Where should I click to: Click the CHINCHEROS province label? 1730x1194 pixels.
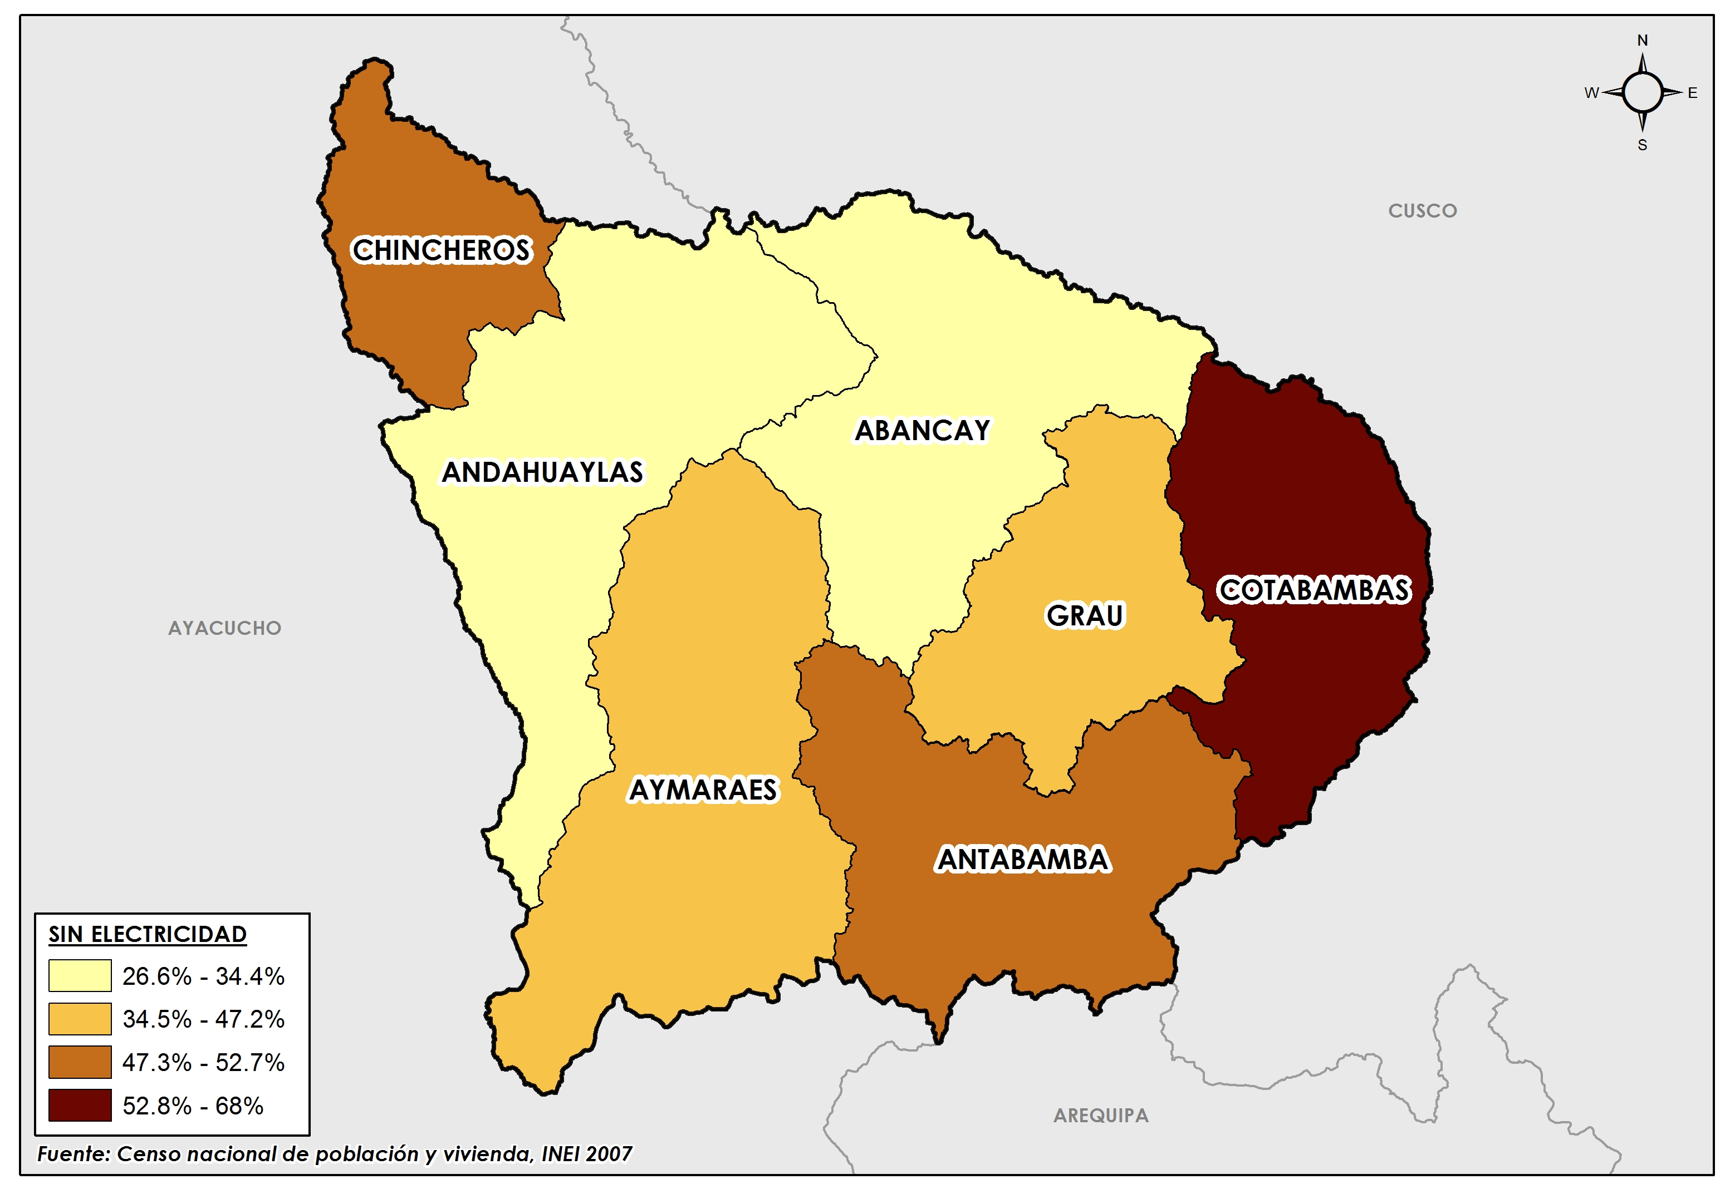(441, 250)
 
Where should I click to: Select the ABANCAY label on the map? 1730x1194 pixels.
(922, 430)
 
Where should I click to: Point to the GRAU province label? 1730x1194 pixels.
(1085, 615)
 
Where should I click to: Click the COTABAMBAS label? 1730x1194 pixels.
(1314, 590)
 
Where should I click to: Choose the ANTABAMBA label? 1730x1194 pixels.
(1023, 860)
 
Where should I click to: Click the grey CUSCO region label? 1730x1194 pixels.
(1422, 211)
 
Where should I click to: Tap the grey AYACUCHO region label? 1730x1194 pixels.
(224, 628)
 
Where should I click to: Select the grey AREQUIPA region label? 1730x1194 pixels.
(1100, 1116)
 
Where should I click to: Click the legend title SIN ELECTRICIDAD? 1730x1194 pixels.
(148, 934)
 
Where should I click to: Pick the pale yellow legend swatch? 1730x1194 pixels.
(80, 975)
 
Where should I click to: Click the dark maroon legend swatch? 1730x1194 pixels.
(80, 1105)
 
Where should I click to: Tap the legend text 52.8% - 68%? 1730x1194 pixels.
(193, 1106)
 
